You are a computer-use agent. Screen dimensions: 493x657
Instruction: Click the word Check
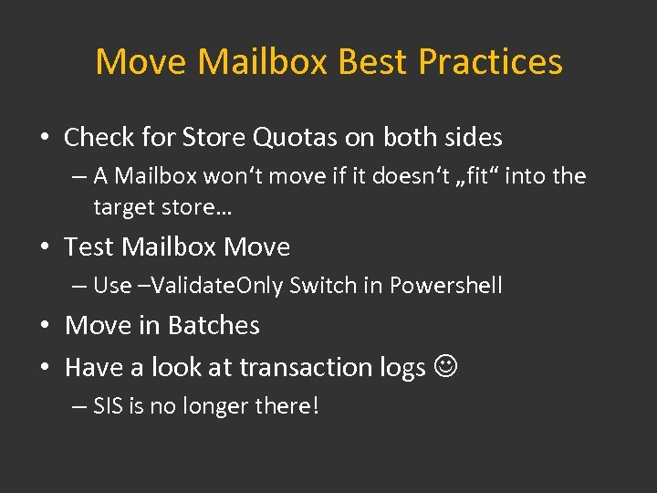point(99,138)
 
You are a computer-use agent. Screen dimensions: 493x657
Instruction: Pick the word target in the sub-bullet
point(122,207)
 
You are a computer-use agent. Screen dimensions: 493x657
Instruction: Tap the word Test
point(89,247)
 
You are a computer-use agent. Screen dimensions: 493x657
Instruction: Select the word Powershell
point(445,286)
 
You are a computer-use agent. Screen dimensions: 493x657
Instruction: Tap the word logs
point(402,367)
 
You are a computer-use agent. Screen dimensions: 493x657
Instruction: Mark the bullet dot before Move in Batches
point(45,327)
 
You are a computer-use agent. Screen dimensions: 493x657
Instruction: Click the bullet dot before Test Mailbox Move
point(45,248)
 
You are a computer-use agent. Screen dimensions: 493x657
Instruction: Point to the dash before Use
point(79,286)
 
